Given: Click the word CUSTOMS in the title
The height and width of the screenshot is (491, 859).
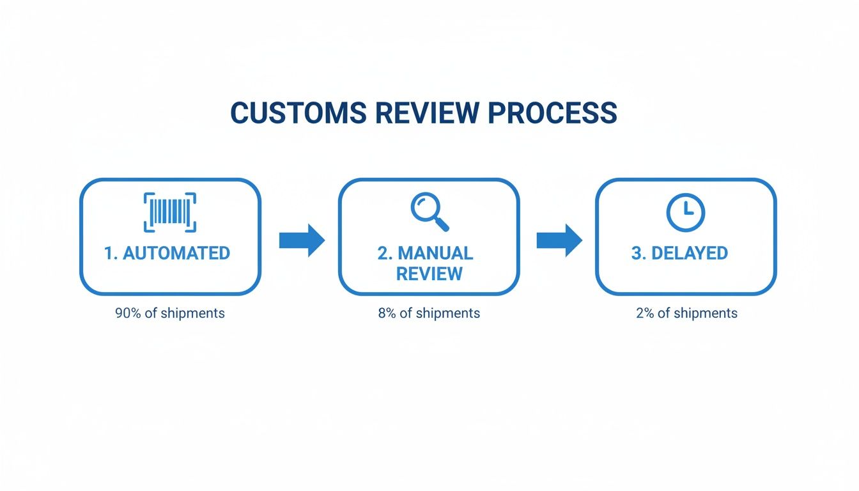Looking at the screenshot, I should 298,113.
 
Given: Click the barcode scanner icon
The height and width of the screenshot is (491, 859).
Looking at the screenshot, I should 170,212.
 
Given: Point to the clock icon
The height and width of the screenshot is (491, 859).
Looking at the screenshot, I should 685,212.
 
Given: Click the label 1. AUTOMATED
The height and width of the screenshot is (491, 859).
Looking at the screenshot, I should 167,253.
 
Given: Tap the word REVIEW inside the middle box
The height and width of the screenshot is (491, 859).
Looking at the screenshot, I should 429,274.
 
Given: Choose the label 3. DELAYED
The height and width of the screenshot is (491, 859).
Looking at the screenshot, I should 679,253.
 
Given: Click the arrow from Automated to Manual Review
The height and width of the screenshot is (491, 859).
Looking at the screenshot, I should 302,240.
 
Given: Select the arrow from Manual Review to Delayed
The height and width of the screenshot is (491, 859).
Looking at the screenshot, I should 559,240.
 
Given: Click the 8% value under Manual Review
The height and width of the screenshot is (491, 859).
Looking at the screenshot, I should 387,313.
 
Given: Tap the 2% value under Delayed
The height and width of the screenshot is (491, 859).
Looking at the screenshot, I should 645,313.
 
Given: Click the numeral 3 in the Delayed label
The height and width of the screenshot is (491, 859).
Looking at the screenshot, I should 636,253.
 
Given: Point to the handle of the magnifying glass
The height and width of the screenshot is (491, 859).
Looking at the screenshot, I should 442,224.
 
